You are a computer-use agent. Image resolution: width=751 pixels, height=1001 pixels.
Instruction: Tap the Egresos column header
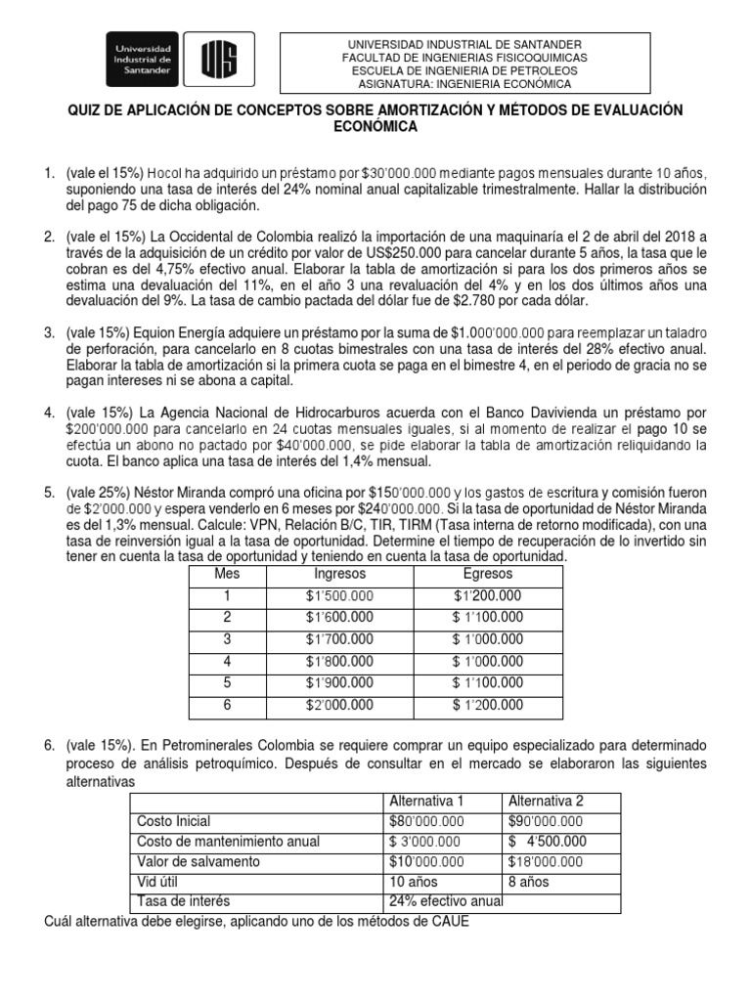[488, 574]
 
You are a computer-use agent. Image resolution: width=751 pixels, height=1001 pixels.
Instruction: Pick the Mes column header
[227, 574]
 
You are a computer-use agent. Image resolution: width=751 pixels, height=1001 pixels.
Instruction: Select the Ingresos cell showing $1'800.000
[338, 660]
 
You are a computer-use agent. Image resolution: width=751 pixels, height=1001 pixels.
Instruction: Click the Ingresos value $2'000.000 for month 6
[338, 704]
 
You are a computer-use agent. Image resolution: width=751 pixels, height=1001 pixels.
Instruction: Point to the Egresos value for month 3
[488, 638]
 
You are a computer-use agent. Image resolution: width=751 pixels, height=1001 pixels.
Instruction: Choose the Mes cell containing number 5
[227, 682]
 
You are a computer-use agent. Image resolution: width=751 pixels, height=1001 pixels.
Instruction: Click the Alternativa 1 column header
[427, 801]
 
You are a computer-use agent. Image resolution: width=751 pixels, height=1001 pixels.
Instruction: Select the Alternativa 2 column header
[547, 801]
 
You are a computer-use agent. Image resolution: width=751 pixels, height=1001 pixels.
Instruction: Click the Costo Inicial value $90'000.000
[546, 821]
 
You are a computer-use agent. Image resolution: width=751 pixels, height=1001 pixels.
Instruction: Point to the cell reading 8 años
[529, 881]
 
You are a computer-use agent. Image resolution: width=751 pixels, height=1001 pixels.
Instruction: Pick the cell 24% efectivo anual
[445, 900]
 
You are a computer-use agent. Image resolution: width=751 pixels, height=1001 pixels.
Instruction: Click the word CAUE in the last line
[452, 920]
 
